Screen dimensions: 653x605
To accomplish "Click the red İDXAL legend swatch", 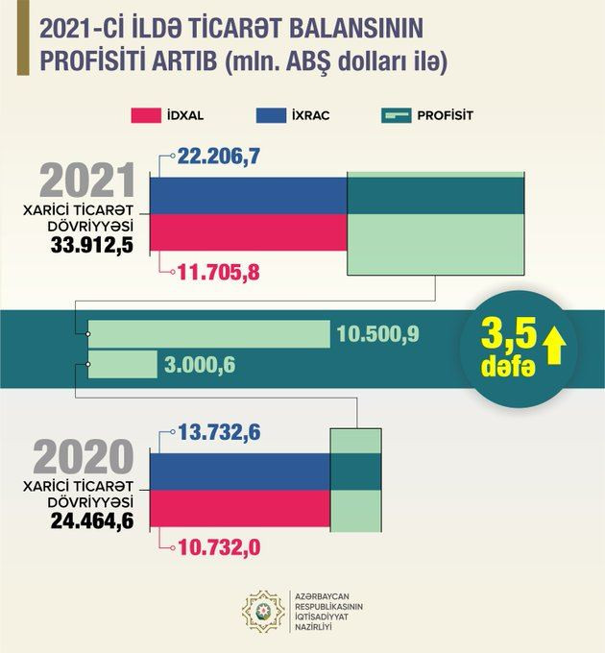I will click(x=156, y=116).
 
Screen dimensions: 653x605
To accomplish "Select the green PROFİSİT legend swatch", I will click(x=408, y=116).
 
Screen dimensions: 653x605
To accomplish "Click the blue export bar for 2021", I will click(x=248, y=195).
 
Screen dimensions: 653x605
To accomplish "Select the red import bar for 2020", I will click(x=240, y=509).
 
